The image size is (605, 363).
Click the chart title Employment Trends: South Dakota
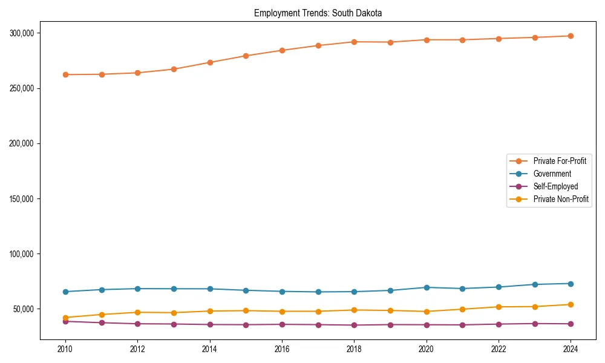318,13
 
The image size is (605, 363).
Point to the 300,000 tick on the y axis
22,33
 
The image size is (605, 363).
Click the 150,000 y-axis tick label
22,198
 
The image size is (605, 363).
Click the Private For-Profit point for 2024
571,36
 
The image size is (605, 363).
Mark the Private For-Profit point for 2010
65,74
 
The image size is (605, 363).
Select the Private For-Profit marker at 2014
210,62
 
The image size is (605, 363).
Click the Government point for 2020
427,287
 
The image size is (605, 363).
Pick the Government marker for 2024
571,284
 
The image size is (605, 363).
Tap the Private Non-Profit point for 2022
499,307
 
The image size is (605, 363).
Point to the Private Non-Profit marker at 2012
138,312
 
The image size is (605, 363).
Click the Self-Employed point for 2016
282,324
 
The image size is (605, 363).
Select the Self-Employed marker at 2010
65,321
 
